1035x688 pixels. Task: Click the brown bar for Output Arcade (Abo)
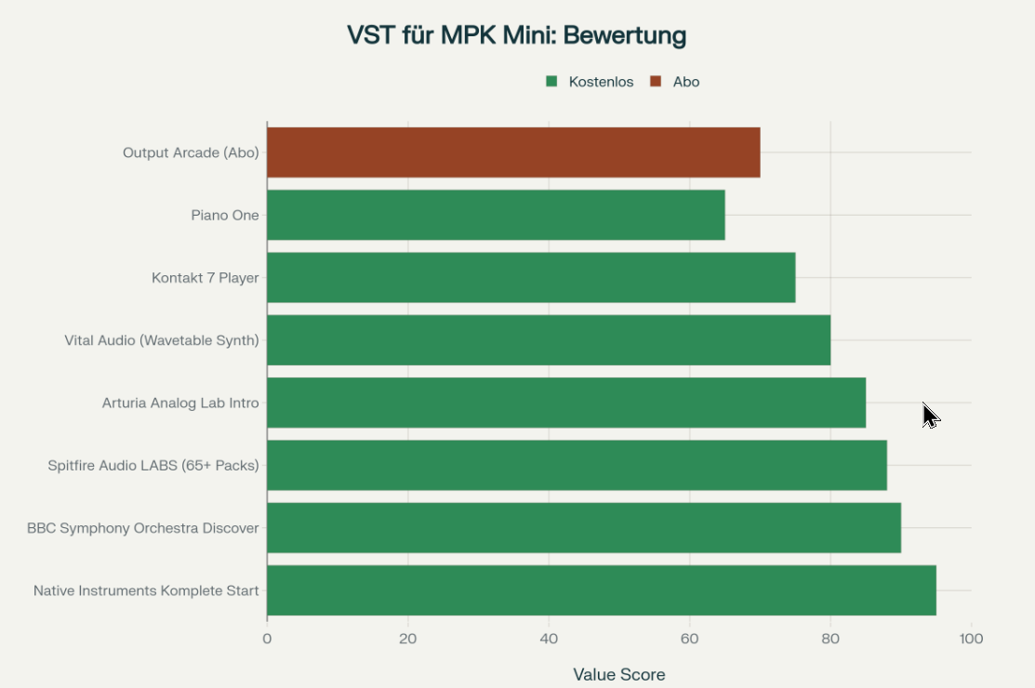tap(513, 152)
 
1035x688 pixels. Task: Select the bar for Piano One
tap(496, 215)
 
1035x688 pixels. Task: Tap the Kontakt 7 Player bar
tap(531, 277)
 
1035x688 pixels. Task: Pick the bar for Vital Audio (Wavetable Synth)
tap(549, 340)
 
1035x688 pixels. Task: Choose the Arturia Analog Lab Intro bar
tap(566, 403)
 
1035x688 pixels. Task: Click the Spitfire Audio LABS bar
tap(577, 465)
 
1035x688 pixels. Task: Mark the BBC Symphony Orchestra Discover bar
tap(584, 528)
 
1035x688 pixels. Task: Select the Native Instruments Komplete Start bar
tap(602, 590)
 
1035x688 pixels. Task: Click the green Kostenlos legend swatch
tap(551, 82)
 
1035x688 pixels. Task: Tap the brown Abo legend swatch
tap(656, 82)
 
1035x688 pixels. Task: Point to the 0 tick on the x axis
tap(267, 639)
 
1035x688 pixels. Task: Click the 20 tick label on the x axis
tap(407, 639)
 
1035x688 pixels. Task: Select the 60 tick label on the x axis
tap(689, 639)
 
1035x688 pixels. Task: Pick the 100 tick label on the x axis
tap(971, 639)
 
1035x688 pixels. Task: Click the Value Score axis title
tap(619, 674)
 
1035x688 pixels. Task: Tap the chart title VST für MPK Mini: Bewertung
tap(517, 35)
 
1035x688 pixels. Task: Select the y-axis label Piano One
tap(225, 215)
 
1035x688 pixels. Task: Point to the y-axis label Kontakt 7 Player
tap(206, 277)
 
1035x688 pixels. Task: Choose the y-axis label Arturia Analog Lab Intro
tap(180, 403)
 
